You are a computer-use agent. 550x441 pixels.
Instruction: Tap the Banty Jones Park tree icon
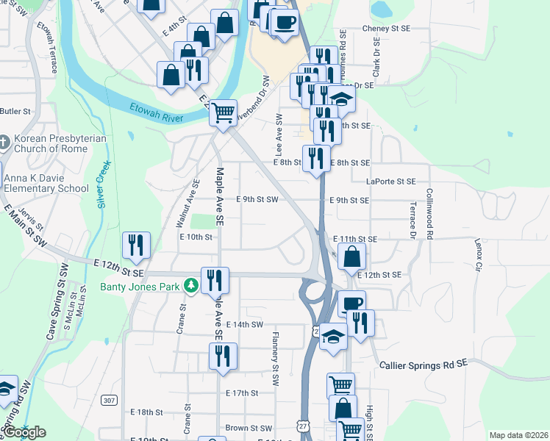coord(192,285)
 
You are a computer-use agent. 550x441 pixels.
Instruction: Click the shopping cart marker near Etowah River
coord(223,113)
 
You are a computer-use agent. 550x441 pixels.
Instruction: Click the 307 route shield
coord(110,400)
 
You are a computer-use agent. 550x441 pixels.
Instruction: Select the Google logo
coord(24,432)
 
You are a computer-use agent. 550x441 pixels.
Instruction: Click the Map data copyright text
coord(518,435)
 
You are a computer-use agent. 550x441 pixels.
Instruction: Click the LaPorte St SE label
coord(390,181)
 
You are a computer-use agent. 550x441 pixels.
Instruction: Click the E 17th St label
coord(242,393)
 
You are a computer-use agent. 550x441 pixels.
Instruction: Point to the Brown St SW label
coord(250,428)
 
